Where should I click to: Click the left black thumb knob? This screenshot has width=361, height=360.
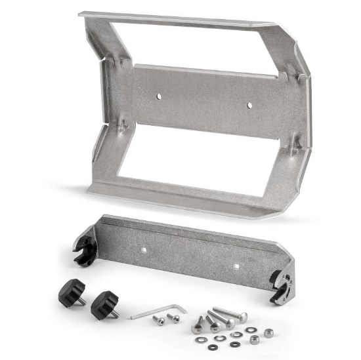coord(72,290)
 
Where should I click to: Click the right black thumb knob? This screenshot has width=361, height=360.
coord(104,304)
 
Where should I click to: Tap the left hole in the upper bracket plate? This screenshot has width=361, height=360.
coord(158,96)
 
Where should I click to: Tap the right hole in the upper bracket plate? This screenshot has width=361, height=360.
coord(249,105)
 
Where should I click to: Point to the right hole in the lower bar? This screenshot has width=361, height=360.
coord(236,266)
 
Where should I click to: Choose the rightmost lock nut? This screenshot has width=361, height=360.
coord(268,333)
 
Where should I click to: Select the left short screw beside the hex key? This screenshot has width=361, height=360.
coord(159,320)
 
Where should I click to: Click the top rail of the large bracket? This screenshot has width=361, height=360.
coord(177,19)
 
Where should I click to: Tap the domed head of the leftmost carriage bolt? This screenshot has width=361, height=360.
coord(197,329)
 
